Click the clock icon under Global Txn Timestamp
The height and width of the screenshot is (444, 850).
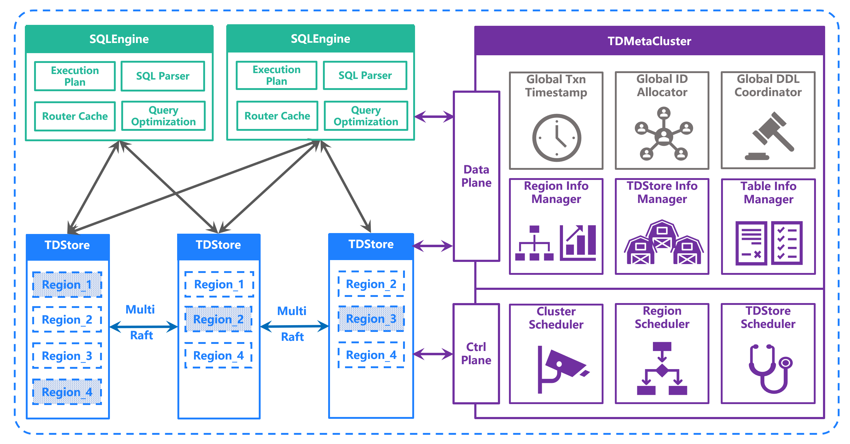point(556,138)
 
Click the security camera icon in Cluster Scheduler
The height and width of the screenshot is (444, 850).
point(561,368)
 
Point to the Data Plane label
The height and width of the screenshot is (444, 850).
point(476,176)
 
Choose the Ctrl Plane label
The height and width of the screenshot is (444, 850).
point(476,353)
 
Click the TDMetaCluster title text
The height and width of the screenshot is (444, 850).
point(649,41)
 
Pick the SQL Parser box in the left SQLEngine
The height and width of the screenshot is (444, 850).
point(163,76)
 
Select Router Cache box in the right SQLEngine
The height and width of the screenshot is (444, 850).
point(277,116)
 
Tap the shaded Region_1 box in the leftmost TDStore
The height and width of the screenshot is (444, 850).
point(67,285)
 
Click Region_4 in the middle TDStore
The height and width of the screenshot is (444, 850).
point(219,355)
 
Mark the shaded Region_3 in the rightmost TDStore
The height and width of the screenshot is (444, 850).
point(371,318)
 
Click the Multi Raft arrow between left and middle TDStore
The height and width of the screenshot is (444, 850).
point(143,327)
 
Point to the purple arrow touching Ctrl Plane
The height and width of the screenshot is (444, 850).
point(433,354)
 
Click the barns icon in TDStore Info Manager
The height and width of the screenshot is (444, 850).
point(662,243)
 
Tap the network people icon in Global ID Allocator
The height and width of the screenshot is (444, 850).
point(663,134)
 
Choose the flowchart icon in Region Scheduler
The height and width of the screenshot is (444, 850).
point(662,368)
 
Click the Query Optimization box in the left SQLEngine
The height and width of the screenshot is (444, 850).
point(163,116)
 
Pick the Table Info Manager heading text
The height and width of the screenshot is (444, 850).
point(768,193)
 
